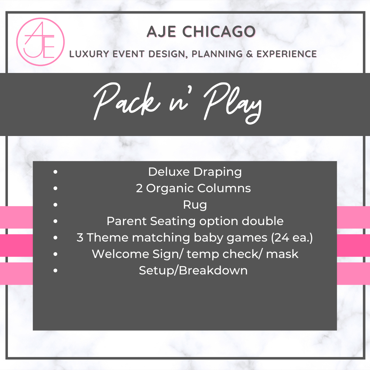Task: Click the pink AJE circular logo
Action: click(40, 41)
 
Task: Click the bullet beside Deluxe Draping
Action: click(56, 172)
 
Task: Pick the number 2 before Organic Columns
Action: click(139, 188)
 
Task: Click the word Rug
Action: click(195, 205)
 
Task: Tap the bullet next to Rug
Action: click(56, 205)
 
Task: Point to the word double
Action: click(263, 221)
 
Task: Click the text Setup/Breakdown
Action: click(193, 270)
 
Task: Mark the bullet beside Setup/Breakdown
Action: click(56, 270)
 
